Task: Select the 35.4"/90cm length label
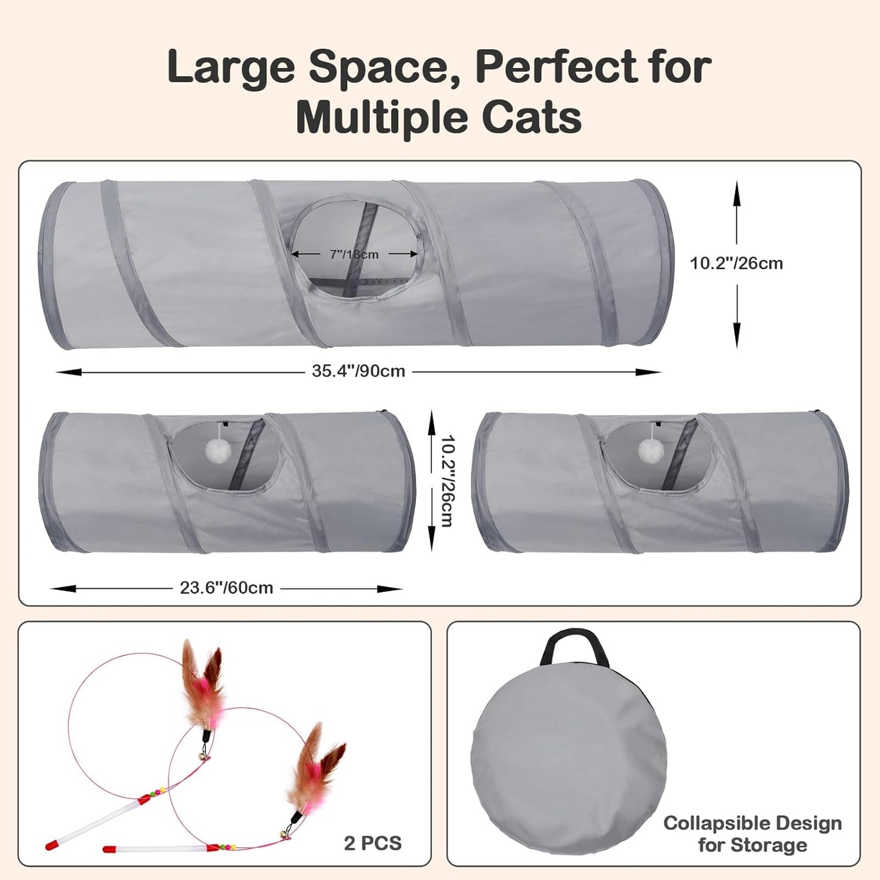tap(358, 371)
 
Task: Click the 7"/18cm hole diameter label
tap(354, 254)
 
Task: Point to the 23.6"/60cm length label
tap(226, 588)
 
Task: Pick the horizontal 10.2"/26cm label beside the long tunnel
tap(736, 263)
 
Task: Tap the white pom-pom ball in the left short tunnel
tap(216, 451)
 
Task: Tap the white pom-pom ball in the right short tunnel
tap(650, 451)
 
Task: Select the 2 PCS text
tap(373, 843)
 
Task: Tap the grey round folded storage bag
tap(566, 761)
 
